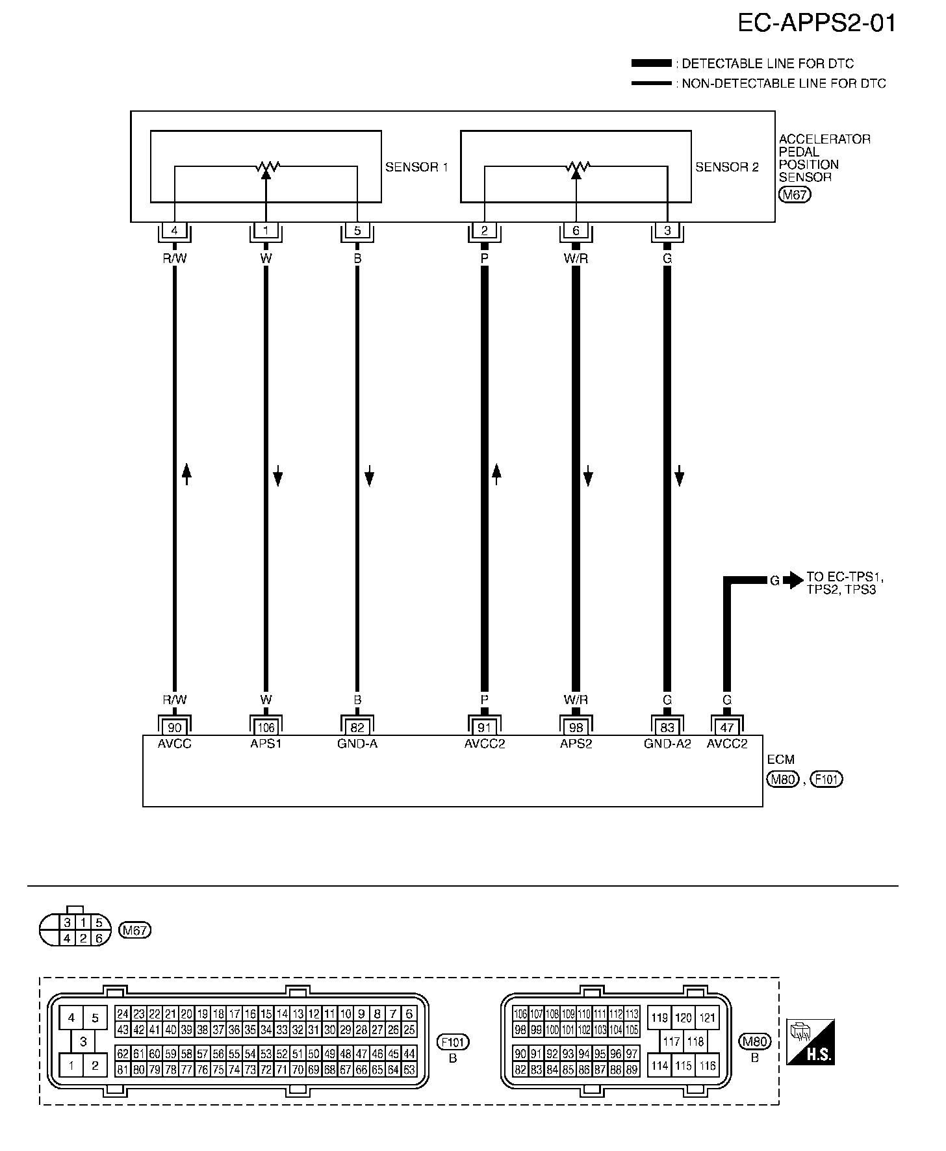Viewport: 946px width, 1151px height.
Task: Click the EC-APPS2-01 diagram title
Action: click(817, 23)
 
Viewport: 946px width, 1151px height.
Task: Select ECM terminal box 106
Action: click(266, 727)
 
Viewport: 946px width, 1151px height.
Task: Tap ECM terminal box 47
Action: click(727, 727)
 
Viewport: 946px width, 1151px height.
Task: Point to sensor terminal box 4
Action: click(174, 231)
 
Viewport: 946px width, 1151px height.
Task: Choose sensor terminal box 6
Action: click(576, 231)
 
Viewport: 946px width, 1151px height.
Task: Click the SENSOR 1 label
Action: click(416, 167)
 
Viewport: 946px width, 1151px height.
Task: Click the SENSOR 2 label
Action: click(727, 167)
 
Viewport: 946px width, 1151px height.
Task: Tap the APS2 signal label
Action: click(576, 744)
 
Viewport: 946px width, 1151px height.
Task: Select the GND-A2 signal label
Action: click(667, 744)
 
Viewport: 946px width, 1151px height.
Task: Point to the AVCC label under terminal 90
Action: click(175, 744)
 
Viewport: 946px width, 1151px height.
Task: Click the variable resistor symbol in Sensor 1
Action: click(266, 169)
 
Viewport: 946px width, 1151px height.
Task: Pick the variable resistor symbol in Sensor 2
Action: click(576, 169)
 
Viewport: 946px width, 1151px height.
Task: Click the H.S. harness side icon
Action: click(810, 1043)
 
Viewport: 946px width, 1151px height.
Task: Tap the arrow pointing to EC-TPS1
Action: click(793, 580)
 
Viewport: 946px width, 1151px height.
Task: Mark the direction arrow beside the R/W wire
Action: click(186, 474)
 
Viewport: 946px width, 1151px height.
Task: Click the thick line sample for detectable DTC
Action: click(651, 63)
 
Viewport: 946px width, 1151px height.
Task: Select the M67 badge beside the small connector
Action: click(135, 931)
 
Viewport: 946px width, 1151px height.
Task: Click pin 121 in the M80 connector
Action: click(708, 1017)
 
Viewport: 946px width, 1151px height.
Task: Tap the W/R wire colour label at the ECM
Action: click(576, 700)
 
